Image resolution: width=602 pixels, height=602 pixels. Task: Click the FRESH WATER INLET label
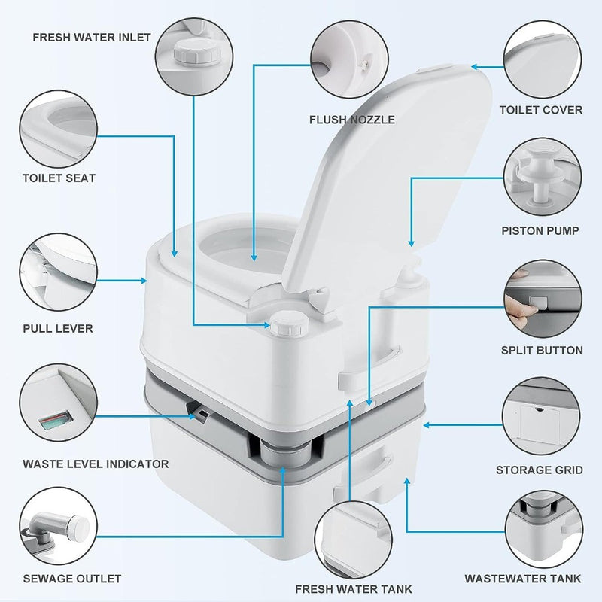[92, 37]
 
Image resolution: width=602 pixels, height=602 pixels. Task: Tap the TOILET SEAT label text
[59, 178]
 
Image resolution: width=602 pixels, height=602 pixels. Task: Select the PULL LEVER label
[58, 329]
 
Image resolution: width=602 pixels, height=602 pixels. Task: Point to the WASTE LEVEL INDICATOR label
[96, 464]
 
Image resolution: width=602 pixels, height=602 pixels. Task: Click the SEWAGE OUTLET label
[72, 579]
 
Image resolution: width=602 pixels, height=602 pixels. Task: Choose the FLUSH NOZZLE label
[352, 120]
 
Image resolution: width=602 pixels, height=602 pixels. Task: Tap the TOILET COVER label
[541, 110]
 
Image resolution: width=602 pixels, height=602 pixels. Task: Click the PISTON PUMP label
[540, 231]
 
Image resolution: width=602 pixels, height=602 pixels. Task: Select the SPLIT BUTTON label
[542, 350]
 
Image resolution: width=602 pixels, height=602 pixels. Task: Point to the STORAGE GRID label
[540, 470]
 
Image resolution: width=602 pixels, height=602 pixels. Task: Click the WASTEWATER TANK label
[523, 579]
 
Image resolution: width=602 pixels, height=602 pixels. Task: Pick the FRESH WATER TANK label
[354, 589]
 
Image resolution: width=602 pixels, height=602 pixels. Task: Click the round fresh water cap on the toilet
[290, 324]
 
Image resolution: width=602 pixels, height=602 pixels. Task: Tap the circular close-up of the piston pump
[543, 177]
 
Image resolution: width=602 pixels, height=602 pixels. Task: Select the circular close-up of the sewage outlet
[59, 526]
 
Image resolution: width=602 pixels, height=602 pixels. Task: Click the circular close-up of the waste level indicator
[59, 403]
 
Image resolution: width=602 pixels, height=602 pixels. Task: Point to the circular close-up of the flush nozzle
[349, 59]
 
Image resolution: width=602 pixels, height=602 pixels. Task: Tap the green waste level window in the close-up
[56, 421]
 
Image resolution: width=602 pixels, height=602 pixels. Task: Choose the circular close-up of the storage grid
[541, 416]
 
